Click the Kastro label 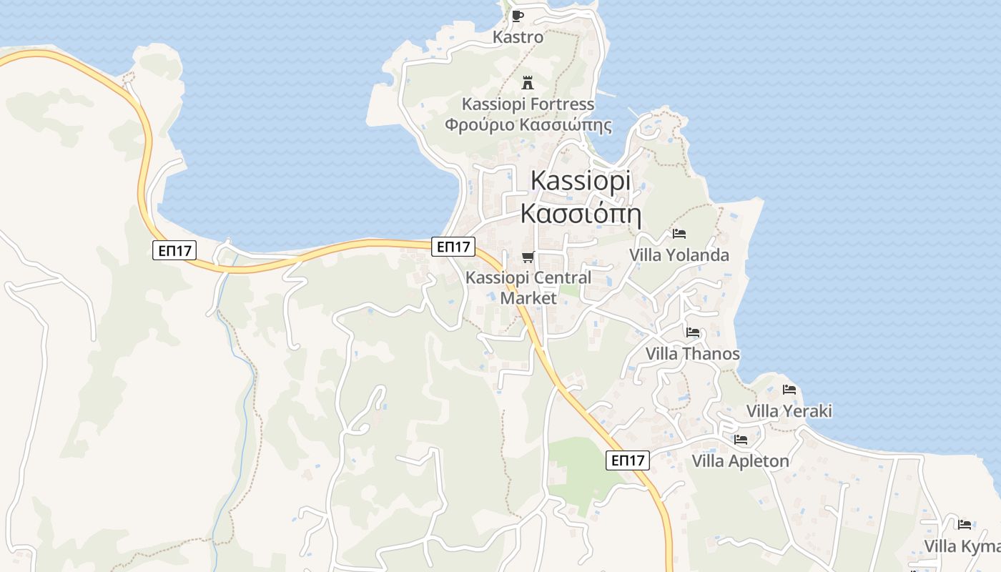518,37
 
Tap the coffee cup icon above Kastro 518,16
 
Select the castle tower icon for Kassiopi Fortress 528,82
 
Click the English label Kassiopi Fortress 528,104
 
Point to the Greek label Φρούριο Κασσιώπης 528,125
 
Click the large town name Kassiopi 581,180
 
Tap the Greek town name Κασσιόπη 581,213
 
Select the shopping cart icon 528,257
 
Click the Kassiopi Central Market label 528,287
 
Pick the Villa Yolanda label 679,255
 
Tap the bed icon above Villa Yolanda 679,234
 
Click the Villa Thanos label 692,354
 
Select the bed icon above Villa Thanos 692,332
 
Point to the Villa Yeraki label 789,411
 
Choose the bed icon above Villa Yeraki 789,390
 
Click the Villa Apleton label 740,461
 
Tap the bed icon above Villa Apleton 740,440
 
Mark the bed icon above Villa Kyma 964,525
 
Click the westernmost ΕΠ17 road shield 174,250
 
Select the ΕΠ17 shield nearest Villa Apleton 628,460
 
